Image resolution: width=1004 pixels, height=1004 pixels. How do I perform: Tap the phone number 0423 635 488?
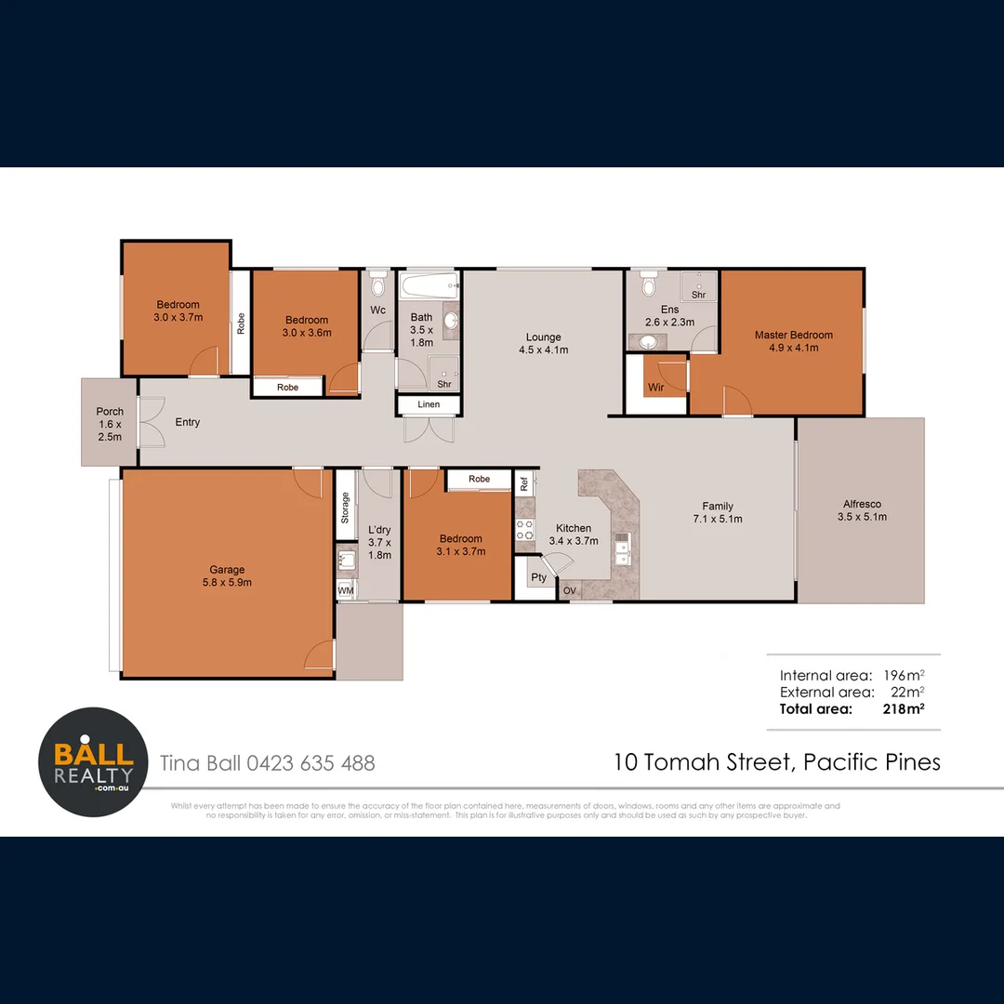pos(310,763)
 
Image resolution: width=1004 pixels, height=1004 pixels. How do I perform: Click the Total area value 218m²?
pos(903,708)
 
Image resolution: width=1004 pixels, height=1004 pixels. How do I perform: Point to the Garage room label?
pos(227,570)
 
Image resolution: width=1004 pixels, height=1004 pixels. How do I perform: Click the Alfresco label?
pos(859,504)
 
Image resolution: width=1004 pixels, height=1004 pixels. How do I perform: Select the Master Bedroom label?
pos(793,335)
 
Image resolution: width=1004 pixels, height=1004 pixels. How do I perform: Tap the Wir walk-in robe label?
pos(656,387)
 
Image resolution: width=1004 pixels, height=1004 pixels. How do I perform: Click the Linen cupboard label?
pos(429,404)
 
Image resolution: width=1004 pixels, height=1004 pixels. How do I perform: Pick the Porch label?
pos(110,412)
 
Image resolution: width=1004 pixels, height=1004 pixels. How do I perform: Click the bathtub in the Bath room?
pos(429,284)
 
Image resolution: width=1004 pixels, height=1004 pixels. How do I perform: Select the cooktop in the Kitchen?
pos(525,530)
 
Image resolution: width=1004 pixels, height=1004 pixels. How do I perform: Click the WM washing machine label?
pos(345,590)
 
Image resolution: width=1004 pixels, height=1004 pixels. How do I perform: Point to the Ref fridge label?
pos(524,482)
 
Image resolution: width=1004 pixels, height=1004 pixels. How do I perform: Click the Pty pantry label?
pos(539,577)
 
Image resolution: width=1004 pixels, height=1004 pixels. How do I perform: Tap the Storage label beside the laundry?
pos(345,508)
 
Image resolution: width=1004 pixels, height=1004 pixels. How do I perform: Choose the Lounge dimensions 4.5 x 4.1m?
pos(544,350)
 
